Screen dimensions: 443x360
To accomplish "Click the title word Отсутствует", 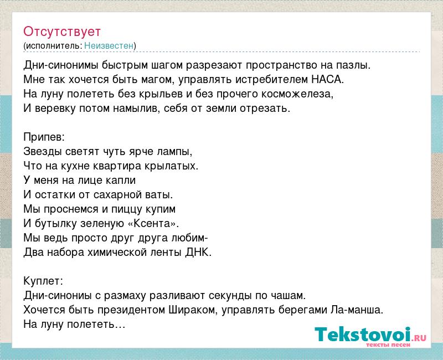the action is point(62,32).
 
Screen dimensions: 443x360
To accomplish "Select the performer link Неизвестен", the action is point(109,45).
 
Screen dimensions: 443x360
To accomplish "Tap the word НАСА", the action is point(327,79).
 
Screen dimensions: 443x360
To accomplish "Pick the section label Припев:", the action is point(44,137).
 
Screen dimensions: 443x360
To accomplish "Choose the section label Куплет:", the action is point(43,281).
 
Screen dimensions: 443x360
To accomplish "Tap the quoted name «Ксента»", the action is point(153,224).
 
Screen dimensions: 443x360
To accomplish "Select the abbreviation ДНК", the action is point(198,252).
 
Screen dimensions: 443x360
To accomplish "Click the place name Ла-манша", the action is point(357,310).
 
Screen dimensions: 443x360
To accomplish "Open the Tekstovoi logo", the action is point(370,335).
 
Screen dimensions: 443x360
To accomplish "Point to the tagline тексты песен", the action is point(388,344).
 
